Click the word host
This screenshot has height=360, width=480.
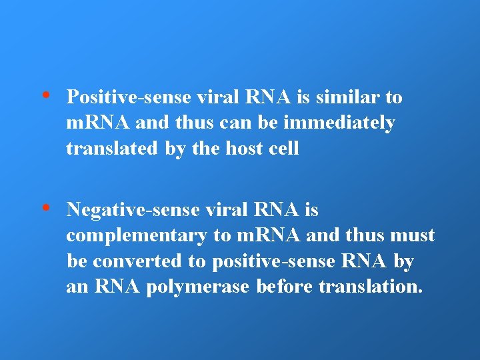tap(243, 149)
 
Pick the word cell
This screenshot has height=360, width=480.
tap(285, 149)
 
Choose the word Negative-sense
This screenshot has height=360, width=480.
tap(133, 211)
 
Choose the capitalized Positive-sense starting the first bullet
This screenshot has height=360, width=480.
tap(131, 98)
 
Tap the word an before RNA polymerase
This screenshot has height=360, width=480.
tap(75, 287)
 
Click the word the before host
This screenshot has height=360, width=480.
tap(204, 149)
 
